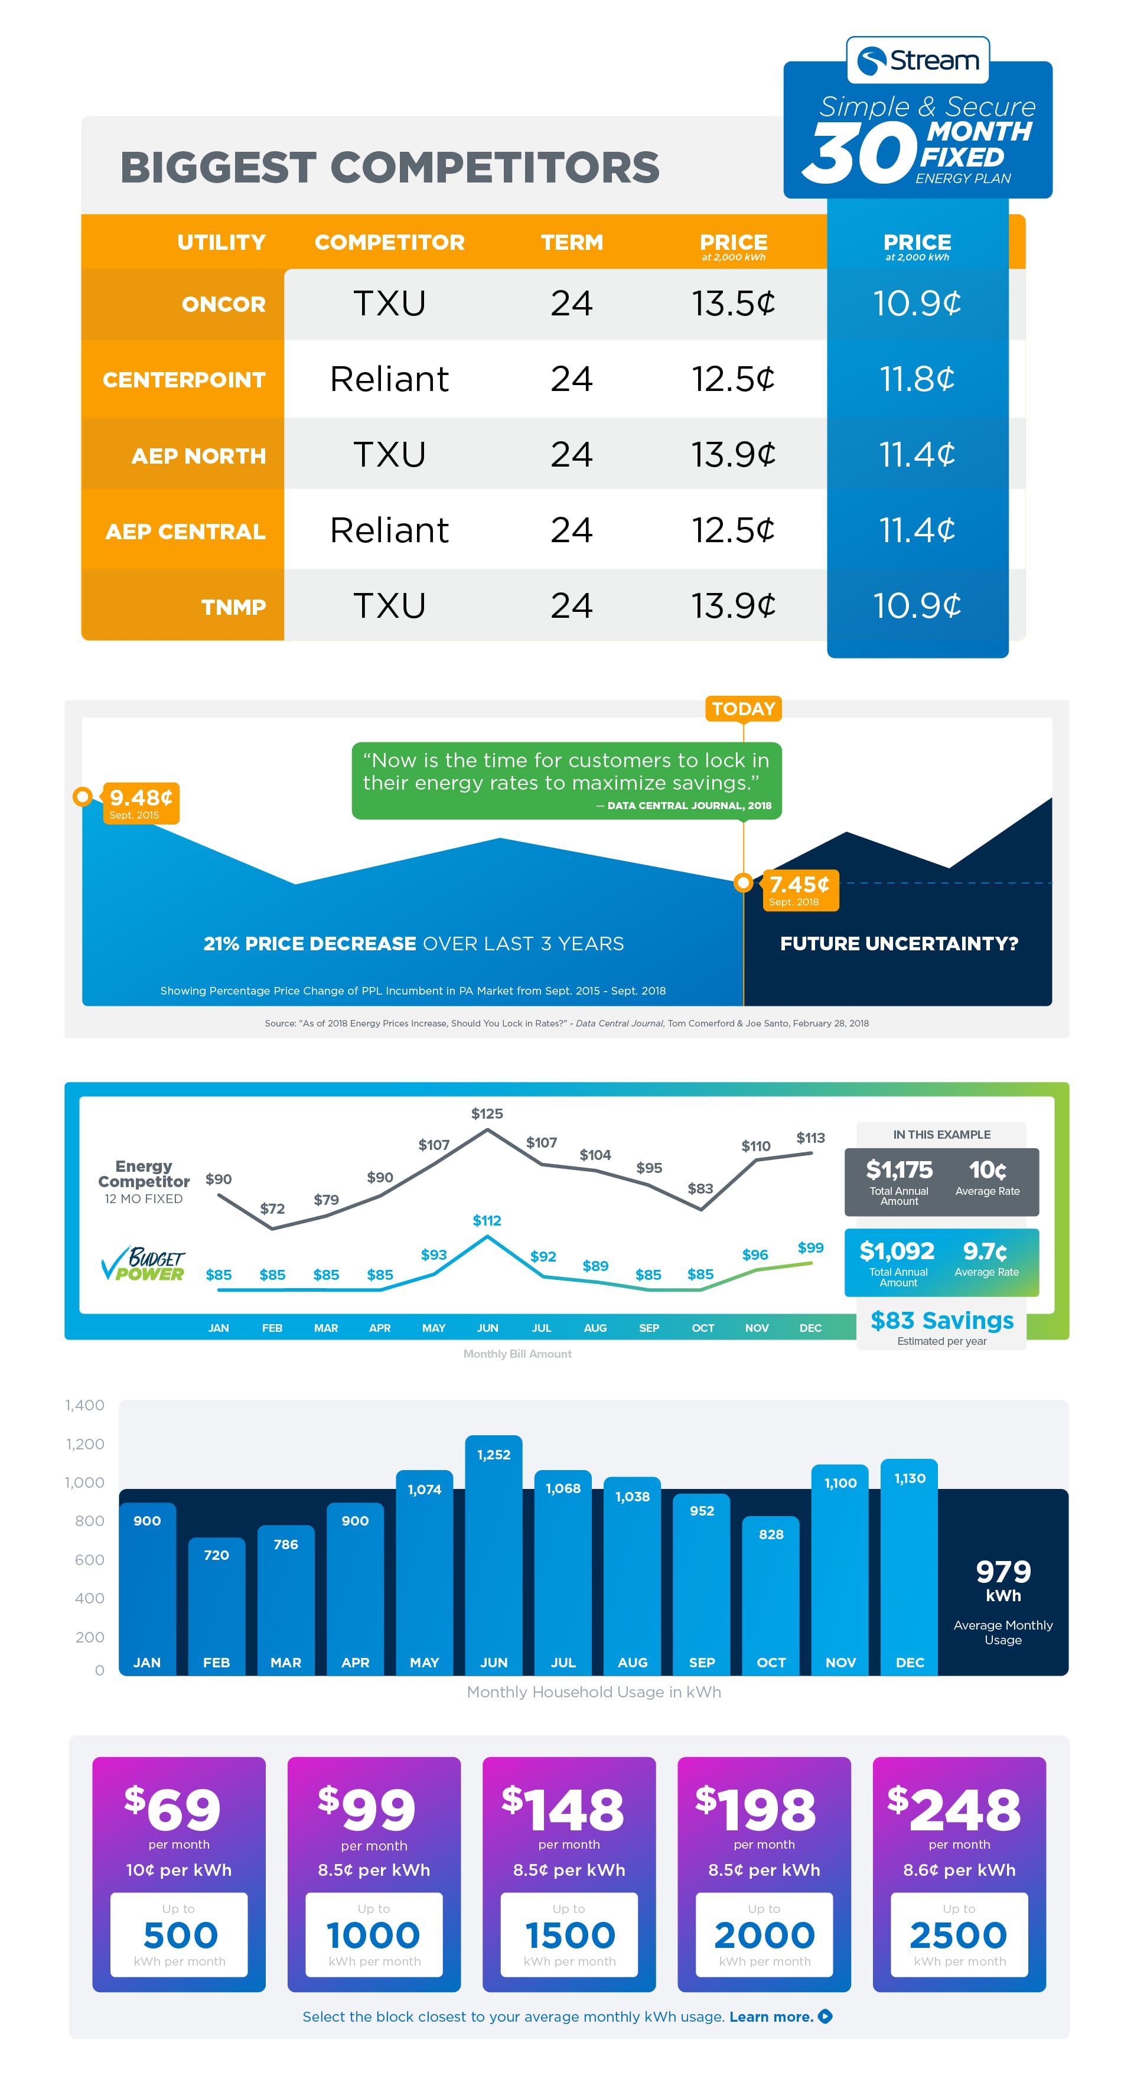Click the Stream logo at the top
918,60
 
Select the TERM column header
572,242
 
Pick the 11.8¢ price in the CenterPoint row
917,379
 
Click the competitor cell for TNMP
389,605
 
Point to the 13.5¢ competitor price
733,304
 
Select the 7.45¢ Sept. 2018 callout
800,890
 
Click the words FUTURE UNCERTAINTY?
899,943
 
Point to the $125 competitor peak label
487,1114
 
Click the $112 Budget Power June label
487,1221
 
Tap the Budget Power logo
143,1264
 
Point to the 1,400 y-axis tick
84,1405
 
